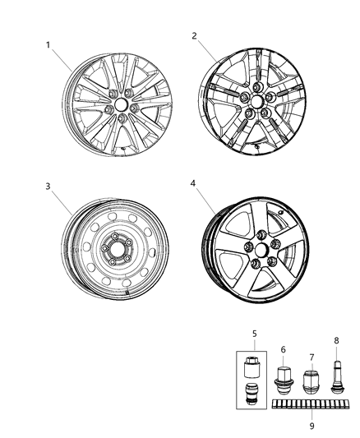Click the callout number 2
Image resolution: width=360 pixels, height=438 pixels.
[x=194, y=35]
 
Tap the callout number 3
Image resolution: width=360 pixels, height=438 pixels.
[x=49, y=187]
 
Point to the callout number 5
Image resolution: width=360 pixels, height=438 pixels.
[x=255, y=334]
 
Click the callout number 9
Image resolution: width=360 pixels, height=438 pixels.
[x=311, y=426]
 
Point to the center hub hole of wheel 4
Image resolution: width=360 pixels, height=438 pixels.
[x=250, y=248]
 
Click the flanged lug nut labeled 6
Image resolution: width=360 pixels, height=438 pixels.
[x=284, y=381]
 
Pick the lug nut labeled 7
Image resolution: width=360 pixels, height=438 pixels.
[x=311, y=384]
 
